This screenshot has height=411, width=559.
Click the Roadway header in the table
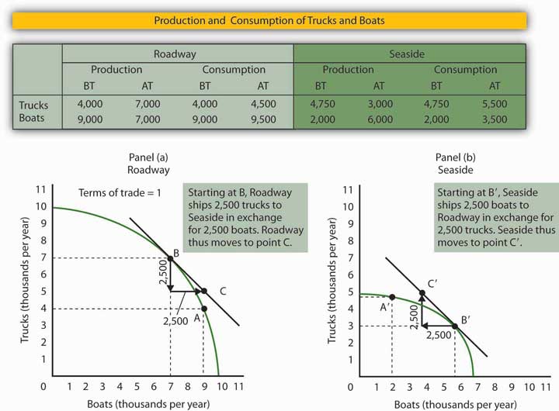click(x=178, y=54)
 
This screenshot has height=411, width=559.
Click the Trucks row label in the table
click(x=35, y=105)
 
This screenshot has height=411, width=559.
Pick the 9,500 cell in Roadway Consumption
click(x=264, y=119)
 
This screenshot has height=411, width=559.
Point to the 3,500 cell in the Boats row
click(x=494, y=119)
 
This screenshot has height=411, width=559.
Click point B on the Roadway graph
click(x=170, y=258)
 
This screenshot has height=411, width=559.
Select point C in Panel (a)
click(x=204, y=292)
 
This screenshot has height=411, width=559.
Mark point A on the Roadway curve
click(x=203, y=309)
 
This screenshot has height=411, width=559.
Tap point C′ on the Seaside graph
click(x=422, y=293)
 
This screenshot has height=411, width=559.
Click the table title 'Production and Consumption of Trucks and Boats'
click(x=279, y=20)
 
